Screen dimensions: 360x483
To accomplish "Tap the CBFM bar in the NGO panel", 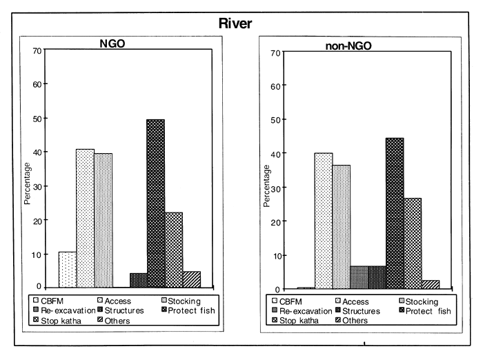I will pyautogui.click(x=67, y=270).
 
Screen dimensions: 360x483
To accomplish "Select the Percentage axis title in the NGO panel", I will pyautogui.click(x=28, y=183).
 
